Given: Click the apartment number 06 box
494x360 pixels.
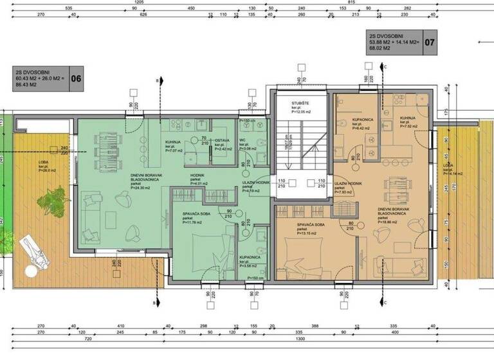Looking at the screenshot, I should [76, 79].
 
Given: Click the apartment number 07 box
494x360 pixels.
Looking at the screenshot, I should [431, 43].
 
